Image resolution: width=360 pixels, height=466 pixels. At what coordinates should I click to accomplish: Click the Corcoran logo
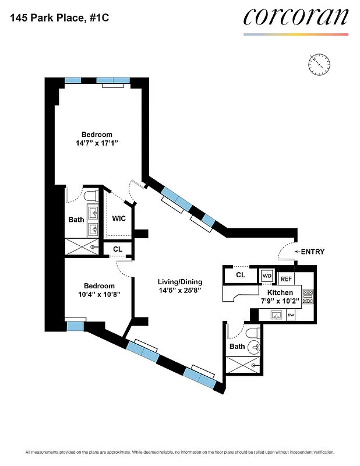click(x=295, y=17)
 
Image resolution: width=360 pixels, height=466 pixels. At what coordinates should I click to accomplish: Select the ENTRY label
click(x=312, y=252)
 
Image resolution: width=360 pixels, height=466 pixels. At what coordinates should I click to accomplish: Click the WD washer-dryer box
click(x=267, y=276)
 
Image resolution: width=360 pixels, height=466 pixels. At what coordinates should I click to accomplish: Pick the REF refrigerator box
click(x=287, y=279)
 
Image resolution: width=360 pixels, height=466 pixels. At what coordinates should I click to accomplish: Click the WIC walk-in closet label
click(x=119, y=220)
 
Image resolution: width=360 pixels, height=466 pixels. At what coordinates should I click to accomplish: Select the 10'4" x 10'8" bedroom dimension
click(x=98, y=294)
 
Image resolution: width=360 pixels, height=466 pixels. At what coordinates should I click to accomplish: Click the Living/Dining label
click(x=179, y=282)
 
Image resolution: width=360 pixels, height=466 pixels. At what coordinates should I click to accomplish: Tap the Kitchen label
click(x=280, y=292)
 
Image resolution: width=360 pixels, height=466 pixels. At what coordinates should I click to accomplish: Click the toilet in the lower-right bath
click(x=252, y=334)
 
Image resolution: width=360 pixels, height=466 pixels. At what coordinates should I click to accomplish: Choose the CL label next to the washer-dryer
click(x=241, y=275)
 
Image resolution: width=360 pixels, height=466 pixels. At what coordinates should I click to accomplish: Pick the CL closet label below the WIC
click(x=118, y=249)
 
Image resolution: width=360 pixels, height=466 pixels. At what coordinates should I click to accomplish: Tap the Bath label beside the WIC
click(x=76, y=220)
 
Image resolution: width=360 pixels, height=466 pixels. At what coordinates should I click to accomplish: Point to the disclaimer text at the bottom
click(x=180, y=453)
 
